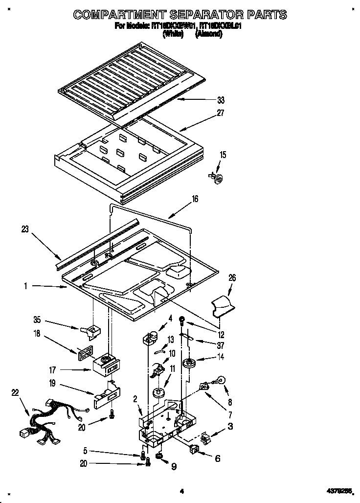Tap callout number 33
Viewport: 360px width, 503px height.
pyautogui.click(x=221, y=100)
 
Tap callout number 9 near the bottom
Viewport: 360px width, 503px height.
pyautogui.click(x=174, y=467)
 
